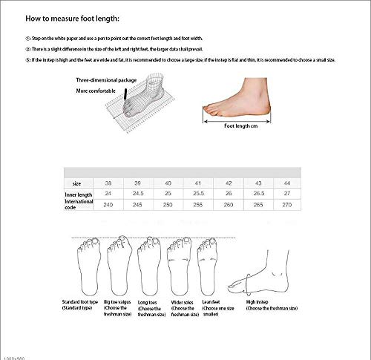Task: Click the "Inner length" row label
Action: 79,194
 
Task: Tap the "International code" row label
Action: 79,205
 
